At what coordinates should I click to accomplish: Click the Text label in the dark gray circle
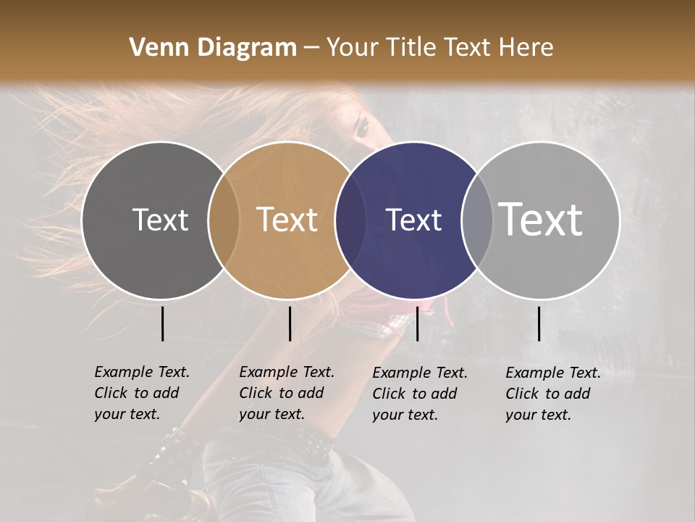click(160, 220)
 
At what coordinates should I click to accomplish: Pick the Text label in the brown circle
click(287, 220)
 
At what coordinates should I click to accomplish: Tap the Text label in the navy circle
click(413, 220)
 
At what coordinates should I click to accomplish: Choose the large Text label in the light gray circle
click(541, 220)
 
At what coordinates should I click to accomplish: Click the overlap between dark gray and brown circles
click(224, 220)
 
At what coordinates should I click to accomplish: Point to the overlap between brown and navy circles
click(350, 220)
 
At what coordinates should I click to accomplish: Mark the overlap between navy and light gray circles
click(477, 220)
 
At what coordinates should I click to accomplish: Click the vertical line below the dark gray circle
click(163, 323)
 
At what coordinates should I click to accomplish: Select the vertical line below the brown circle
click(290, 323)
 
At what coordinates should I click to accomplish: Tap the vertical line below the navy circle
click(417, 323)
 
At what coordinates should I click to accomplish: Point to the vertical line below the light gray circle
click(539, 323)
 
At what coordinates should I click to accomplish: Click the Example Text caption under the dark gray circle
click(142, 393)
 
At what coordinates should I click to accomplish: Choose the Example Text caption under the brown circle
click(287, 393)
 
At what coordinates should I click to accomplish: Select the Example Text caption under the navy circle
click(420, 394)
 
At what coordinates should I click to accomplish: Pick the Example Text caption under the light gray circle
click(553, 394)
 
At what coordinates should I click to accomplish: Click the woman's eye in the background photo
click(363, 128)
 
